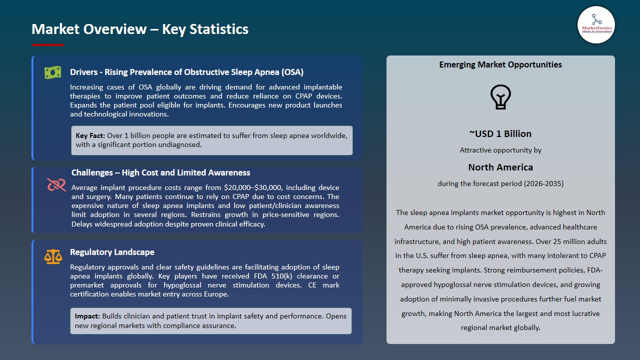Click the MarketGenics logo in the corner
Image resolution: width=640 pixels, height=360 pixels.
[x=596, y=24]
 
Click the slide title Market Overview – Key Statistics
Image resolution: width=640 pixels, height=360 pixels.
[x=140, y=29]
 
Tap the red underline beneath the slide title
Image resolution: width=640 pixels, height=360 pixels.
[x=47, y=45]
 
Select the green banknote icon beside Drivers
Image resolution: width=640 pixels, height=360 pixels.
[x=52, y=72]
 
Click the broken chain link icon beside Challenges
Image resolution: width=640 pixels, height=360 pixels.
[x=56, y=185]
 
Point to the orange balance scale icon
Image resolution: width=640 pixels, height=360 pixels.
[x=53, y=257]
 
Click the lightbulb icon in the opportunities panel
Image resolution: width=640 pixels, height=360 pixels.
[x=500, y=97]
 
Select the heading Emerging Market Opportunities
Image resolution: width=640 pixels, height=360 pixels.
[x=500, y=64]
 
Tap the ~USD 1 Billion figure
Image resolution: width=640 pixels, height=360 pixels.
[x=500, y=133]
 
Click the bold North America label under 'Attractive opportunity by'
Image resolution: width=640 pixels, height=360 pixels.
[x=500, y=167]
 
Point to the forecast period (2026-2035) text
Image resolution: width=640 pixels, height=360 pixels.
[x=500, y=183]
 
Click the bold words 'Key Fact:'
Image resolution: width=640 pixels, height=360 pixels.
[x=90, y=135]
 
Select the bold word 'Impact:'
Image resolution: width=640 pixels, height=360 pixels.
[x=87, y=316]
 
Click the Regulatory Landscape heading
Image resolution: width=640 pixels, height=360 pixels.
[x=112, y=252]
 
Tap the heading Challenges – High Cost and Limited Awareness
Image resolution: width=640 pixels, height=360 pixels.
[x=160, y=172]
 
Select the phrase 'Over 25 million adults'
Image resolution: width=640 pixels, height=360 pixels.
[x=571, y=241]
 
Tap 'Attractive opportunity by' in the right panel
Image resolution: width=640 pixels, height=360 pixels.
[x=500, y=150]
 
